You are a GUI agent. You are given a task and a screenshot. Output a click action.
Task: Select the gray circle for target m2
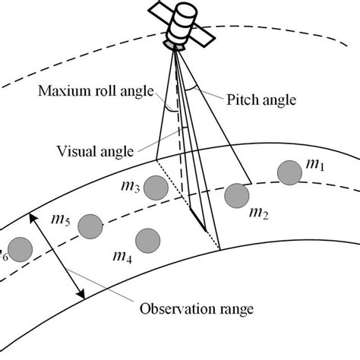coord(238,195)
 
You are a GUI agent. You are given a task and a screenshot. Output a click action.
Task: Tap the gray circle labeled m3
coord(156,187)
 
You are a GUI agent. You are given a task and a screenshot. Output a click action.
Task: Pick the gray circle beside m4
coord(147,241)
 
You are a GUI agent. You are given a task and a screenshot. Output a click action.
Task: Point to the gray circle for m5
coord(90,226)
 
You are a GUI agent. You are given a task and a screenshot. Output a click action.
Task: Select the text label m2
coord(258,215)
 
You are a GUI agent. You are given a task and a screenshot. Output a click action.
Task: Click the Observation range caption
coord(195,309)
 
